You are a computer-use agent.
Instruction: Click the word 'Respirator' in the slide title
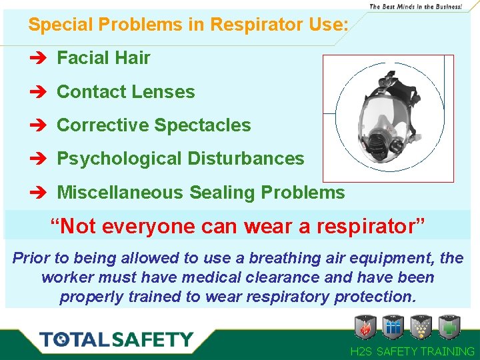[x=256, y=25]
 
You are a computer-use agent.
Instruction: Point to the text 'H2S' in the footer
[x=363, y=351]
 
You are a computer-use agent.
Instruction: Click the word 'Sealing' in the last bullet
[x=223, y=193]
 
